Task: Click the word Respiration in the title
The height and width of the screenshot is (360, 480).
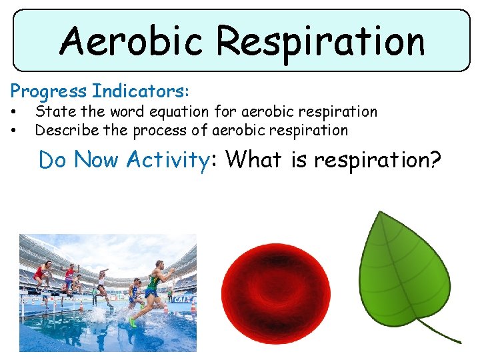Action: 320,41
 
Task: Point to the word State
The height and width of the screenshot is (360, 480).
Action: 53,111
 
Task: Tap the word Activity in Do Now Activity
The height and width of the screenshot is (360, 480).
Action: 168,160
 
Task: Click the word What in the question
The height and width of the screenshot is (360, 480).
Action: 254,160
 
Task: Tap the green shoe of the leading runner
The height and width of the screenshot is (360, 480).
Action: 133,323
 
